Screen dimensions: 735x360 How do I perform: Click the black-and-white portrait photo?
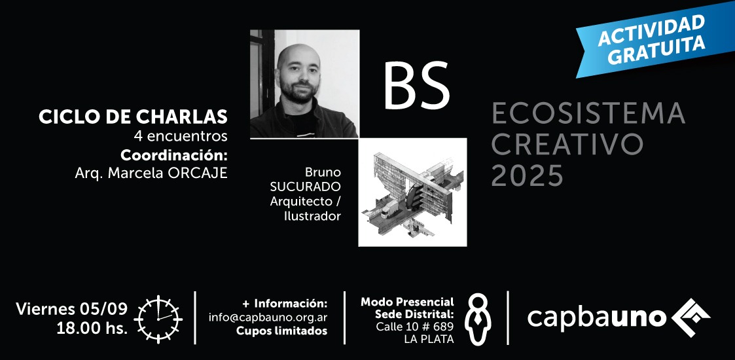coord(305,84)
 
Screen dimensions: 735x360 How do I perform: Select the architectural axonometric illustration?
coord(412,192)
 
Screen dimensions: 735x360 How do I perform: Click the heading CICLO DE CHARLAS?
coord(133,117)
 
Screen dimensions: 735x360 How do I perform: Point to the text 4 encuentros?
coord(181,136)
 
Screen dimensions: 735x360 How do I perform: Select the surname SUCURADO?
coord(305,187)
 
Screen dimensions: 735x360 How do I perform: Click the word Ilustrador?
coord(312,216)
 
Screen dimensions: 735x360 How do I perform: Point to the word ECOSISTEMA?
coord(588,114)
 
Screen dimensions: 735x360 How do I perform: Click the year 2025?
coord(527,176)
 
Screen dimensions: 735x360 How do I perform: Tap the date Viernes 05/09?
coord(72,308)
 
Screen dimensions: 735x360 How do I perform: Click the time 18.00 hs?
coord(92,328)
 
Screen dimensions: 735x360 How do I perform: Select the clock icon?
coord(158,319)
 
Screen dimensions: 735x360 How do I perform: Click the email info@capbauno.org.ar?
coord(268,317)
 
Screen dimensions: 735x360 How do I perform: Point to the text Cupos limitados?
coord(281,331)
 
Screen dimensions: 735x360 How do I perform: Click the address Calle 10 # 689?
coord(415,326)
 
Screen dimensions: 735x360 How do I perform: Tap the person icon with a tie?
coord(478,319)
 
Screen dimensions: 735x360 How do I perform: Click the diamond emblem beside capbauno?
coord(690,317)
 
